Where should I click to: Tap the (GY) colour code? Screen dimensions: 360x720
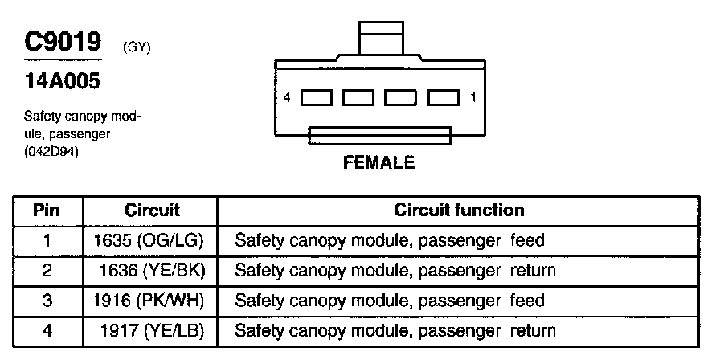[x=137, y=47]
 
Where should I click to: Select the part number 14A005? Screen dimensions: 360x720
[x=57, y=82]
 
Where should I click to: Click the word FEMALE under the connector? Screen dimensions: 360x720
[x=379, y=162]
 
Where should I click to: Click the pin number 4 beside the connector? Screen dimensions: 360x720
[x=287, y=98]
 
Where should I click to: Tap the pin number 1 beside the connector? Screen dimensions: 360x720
[x=472, y=98]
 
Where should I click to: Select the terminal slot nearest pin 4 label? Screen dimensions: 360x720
[x=317, y=98]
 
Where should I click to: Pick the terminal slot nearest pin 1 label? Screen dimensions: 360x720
[x=443, y=98]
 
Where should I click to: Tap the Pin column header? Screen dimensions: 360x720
[x=47, y=211]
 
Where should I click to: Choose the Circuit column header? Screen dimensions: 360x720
[x=152, y=211]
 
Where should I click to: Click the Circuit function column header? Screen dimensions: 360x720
[x=459, y=211]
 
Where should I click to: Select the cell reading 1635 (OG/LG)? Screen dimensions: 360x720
[x=149, y=240]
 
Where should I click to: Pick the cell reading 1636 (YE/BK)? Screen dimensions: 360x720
[x=153, y=271]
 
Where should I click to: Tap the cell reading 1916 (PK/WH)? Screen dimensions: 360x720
[x=149, y=301]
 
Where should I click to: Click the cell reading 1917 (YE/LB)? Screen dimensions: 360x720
[x=153, y=331]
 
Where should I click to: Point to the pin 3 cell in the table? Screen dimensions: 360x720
[x=47, y=301]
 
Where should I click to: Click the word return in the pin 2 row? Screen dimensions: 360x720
[x=533, y=271]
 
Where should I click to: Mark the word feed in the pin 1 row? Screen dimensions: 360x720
[x=527, y=240]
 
